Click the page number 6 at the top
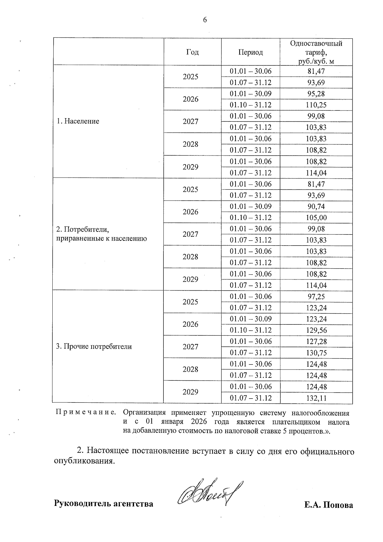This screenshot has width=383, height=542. click(205, 20)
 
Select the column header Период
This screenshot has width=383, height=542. click(251, 52)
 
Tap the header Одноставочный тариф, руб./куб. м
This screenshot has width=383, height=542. click(316, 52)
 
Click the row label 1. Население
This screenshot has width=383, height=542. click(78, 121)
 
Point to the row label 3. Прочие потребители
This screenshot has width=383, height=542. click(94, 347)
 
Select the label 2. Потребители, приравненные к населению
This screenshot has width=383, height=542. click(101, 234)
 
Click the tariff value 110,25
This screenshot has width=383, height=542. click(316, 105)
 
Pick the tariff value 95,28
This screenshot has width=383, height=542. click(316, 94)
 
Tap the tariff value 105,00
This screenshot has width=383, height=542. click(316, 218)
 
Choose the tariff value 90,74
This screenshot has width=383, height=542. click(316, 206)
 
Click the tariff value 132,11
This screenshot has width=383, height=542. click(316, 398)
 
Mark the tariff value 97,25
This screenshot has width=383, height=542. click(316, 296)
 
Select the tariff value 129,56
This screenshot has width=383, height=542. click(316, 330)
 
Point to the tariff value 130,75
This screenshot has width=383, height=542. click(316, 353)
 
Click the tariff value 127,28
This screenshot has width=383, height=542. click(316, 341)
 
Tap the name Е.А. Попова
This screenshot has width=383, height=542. click(328, 505)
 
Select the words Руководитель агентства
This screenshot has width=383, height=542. click(103, 504)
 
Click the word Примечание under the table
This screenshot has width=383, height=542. click(86, 413)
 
